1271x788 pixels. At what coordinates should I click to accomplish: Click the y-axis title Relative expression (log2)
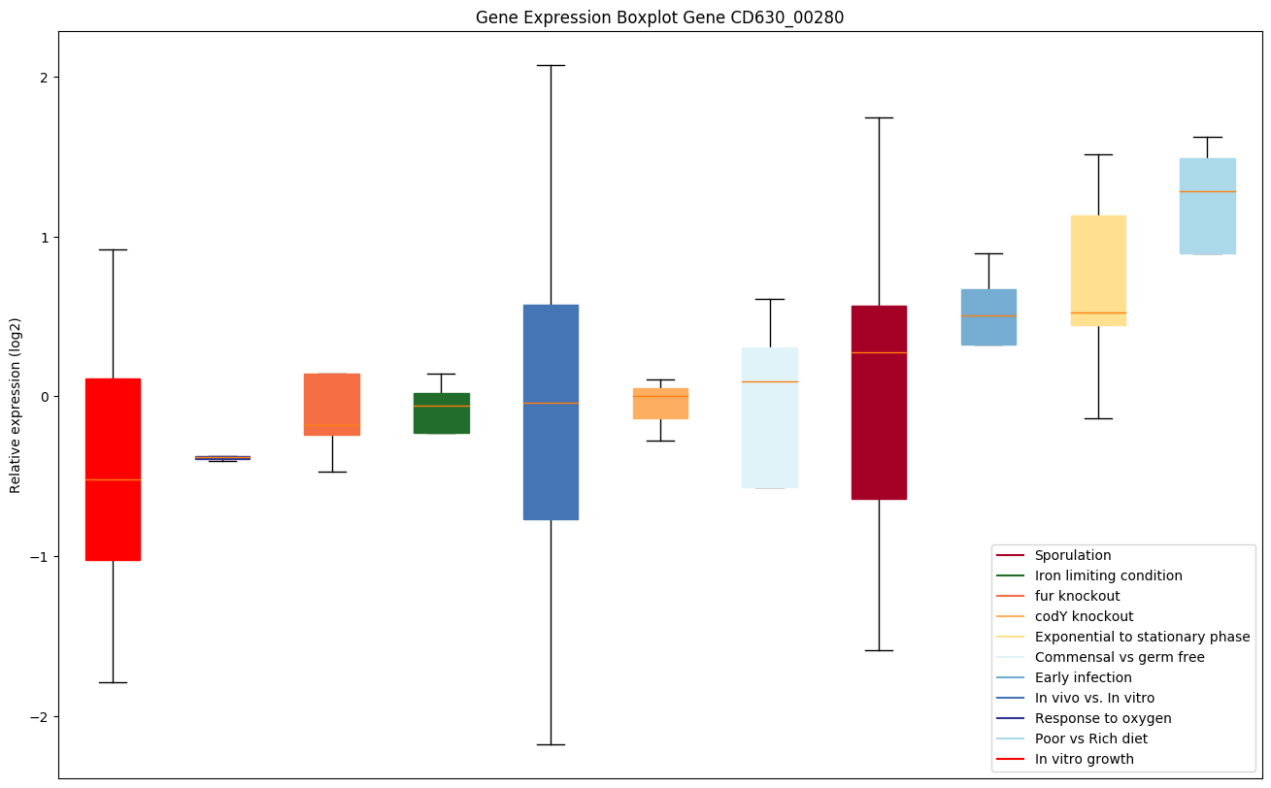click(x=16, y=405)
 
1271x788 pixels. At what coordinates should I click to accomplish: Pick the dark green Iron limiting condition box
click(x=442, y=413)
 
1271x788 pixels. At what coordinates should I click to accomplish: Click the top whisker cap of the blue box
click(x=551, y=65)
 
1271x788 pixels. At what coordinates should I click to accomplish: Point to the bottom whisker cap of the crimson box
click(x=879, y=650)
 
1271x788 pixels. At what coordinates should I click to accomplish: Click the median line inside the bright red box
click(x=113, y=479)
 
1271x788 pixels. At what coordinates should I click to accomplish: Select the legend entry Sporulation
click(x=1073, y=556)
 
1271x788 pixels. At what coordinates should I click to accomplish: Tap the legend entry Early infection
click(x=1083, y=678)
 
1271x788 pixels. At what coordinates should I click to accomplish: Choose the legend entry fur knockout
click(x=1077, y=597)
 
